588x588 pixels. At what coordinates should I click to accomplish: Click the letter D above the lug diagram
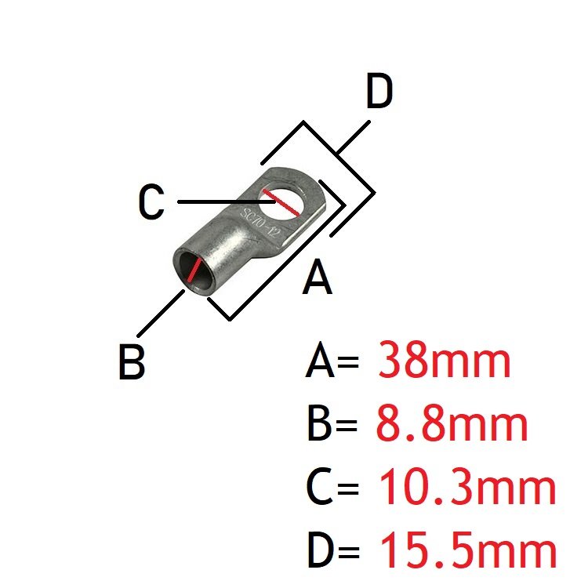coord(379,91)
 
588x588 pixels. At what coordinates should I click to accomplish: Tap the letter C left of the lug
coord(151,201)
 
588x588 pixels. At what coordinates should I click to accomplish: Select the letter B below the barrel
coord(131,362)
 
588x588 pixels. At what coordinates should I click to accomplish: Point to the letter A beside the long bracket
coord(318,277)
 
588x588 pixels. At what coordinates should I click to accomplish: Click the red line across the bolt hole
coord(281,203)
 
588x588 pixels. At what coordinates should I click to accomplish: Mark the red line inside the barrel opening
coord(195,270)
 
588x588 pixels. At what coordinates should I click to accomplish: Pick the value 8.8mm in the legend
coord(452,424)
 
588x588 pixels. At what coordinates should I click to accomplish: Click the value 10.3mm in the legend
coord(467,487)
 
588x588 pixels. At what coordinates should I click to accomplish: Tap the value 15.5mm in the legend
coord(469,550)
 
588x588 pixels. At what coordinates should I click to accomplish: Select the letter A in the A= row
coord(320,360)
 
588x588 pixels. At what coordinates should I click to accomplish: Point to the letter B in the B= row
coord(319,423)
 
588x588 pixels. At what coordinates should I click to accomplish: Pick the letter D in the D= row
coord(321,550)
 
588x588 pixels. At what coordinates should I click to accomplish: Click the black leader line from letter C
coord(227,201)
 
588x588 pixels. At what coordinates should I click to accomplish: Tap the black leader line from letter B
coord(161,313)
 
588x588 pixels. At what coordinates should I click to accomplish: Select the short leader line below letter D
coord(354,137)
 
